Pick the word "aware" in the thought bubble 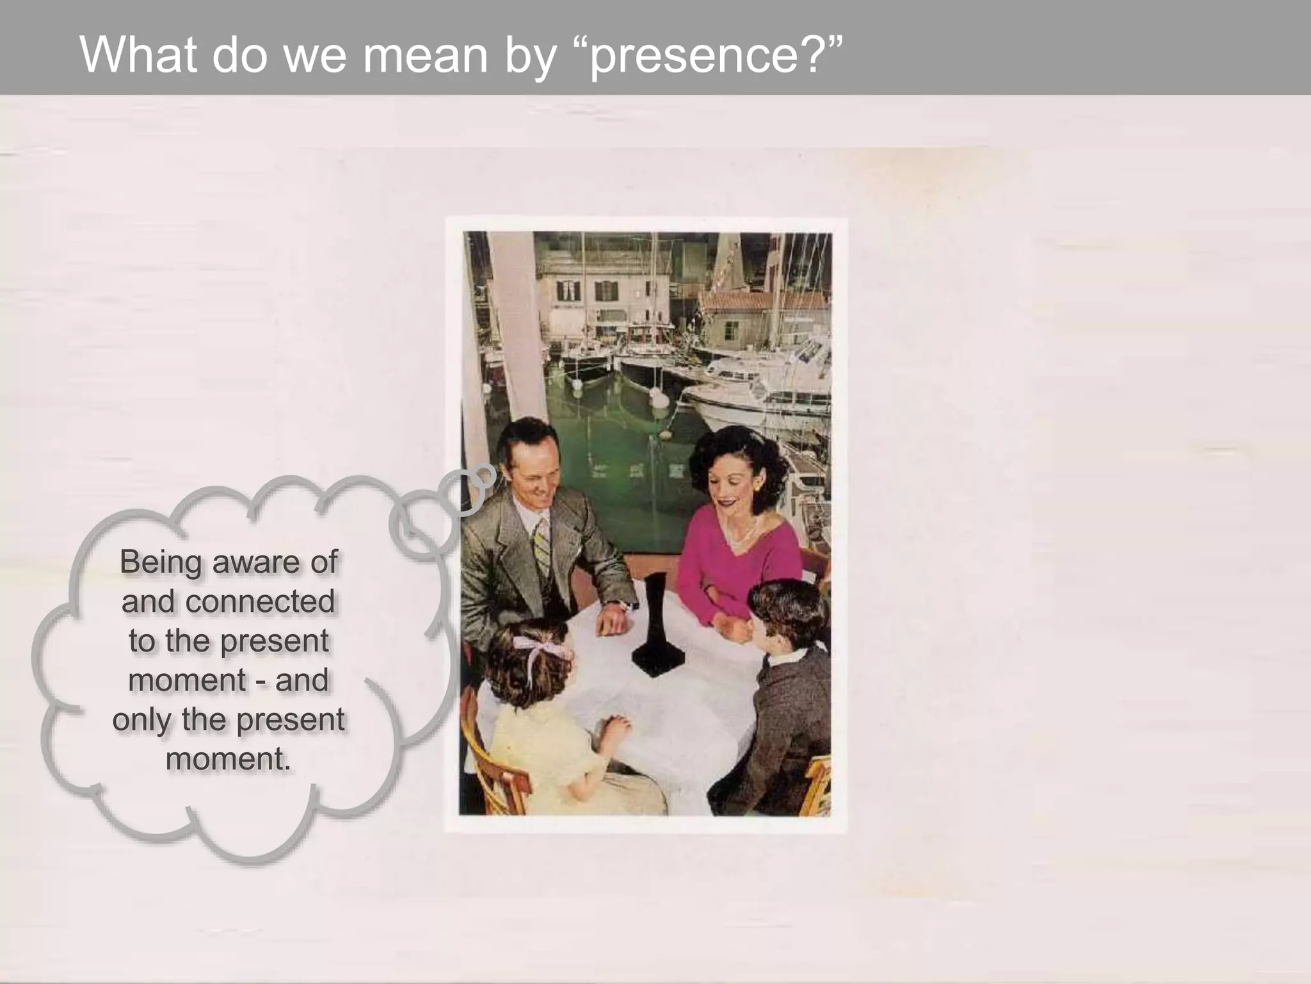tap(255, 562)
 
